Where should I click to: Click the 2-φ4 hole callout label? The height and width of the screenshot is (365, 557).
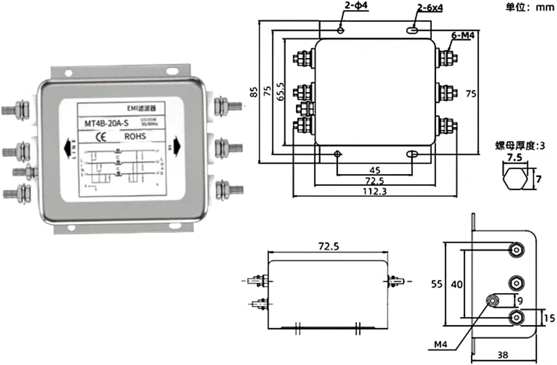click(x=355, y=6)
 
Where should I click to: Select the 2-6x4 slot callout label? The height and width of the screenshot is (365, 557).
click(x=430, y=7)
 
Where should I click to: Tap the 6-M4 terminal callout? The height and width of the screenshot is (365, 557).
click(x=463, y=35)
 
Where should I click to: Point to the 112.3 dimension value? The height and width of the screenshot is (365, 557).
click(x=375, y=191)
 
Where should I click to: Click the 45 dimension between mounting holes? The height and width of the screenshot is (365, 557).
click(x=375, y=170)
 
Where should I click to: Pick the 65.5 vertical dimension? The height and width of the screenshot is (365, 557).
click(x=280, y=91)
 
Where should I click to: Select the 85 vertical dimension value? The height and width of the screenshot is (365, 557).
click(x=254, y=92)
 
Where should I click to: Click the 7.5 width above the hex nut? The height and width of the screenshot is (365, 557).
click(x=514, y=158)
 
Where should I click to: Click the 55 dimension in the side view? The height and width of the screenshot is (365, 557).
click(x=437, y=284)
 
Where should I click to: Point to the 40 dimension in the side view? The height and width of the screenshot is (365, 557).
click(x=456, y=285)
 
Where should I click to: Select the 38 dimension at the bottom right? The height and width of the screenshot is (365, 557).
click(x=502, y=355)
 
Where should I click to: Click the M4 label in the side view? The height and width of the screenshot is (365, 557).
click(x=440, y=345)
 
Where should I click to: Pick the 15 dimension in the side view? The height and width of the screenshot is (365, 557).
click(x=549, y=318)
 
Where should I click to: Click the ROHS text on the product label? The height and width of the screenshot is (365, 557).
click(x=135, y=137)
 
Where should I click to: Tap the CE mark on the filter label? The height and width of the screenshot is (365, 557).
click(x=101, y=137)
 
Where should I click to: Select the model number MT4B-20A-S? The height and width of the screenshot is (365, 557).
click(x=107, y=124)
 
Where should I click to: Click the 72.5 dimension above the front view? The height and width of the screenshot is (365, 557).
click(x=329, y=246)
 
